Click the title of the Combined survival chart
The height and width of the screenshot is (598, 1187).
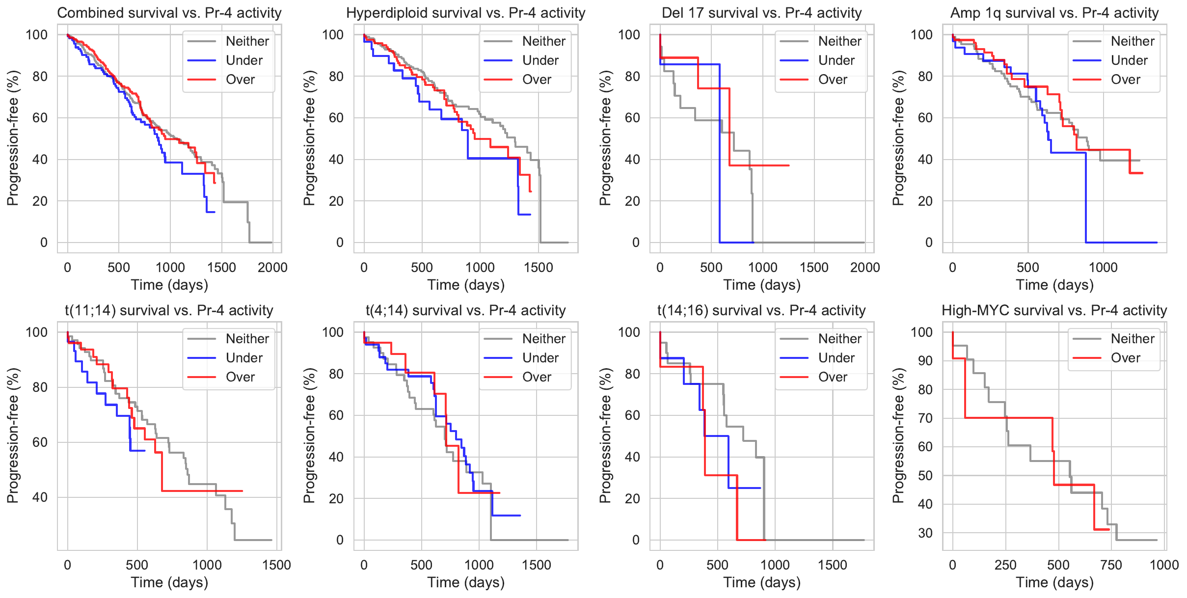(169, 13)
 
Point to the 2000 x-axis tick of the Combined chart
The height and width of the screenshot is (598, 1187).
(272, 268)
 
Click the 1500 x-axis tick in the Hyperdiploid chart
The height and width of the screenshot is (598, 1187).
(539, 268)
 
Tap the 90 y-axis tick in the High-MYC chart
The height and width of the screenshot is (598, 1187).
(925, 361)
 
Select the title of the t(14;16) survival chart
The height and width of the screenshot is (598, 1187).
(761, 310)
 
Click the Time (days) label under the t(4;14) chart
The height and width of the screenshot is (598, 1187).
(466, 582)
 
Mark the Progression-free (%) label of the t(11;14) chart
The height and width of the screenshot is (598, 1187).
(13, 435)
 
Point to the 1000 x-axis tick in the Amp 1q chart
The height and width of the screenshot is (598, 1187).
(1103, 268)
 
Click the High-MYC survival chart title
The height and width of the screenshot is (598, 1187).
(1054, 310)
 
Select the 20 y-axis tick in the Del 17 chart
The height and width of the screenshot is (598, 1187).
(632, 201)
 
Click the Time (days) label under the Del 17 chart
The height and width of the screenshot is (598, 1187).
(762, 285)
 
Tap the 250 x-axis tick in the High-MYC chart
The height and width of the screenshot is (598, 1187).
(1005, 565)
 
